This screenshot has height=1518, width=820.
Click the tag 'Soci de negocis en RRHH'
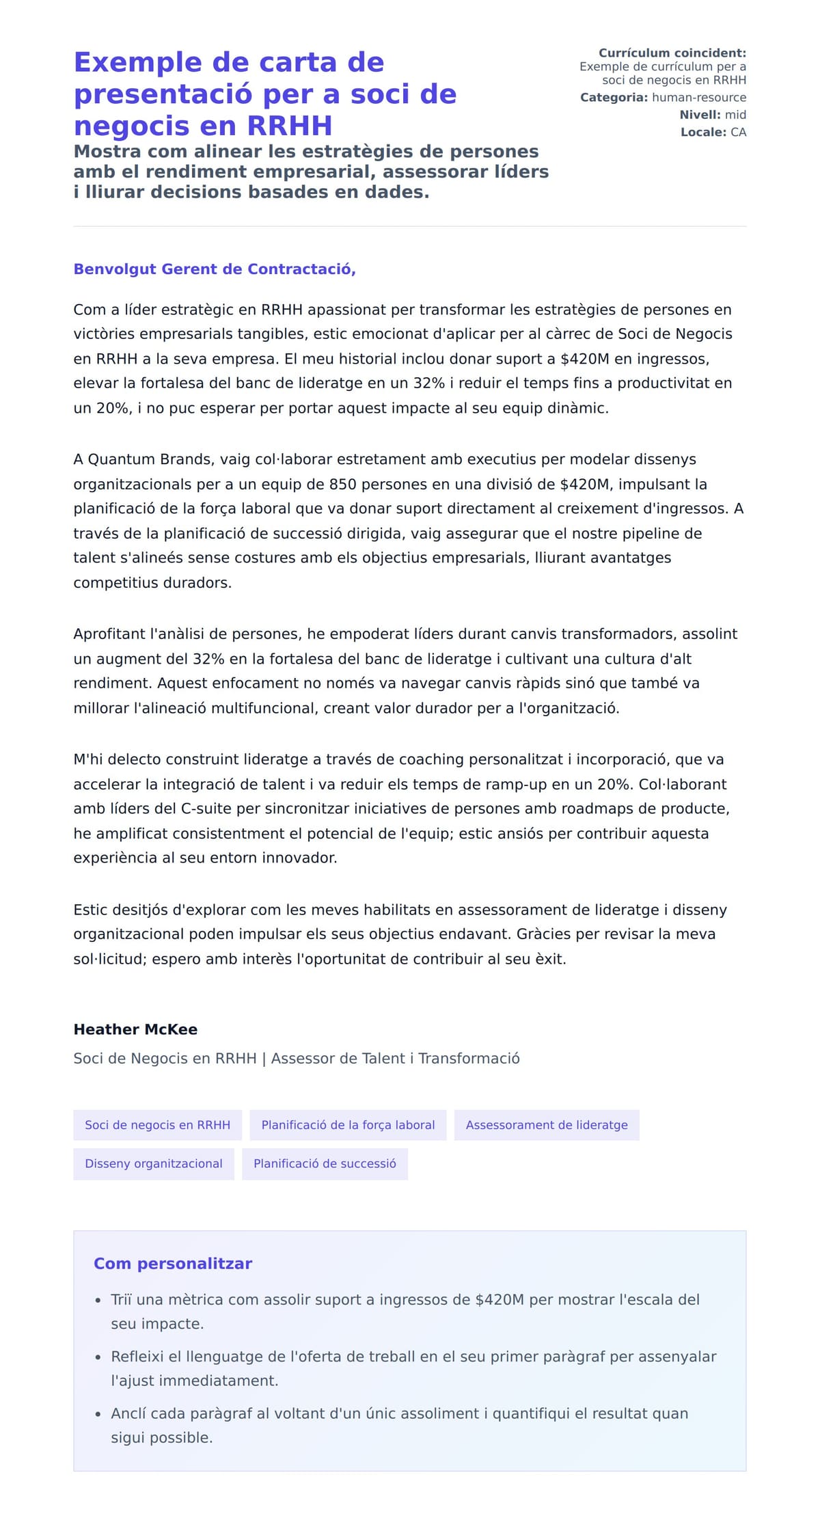pos(157,1125)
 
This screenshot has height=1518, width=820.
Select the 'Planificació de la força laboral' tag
pos(348,1125)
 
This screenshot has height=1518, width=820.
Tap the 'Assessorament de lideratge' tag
pos(546,1125)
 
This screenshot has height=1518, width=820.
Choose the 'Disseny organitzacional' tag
pos(154,1164)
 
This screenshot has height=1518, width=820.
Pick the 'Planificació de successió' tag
pos(325,1164)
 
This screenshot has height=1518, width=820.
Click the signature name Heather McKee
pos(135,1029)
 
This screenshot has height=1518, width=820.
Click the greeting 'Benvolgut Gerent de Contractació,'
pos(215,269)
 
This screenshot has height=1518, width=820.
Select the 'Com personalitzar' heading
pos(173,1264)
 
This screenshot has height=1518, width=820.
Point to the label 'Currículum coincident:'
pos(672,53)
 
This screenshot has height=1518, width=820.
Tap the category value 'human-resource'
pos(698,98)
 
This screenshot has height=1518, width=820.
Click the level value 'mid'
pos(735,115)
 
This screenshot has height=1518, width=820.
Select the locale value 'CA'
pos(738,133)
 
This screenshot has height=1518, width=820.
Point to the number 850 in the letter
pos(342,485)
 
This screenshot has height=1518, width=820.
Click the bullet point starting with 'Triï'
pos(405,1299)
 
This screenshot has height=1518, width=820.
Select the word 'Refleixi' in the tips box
pos(137,1357)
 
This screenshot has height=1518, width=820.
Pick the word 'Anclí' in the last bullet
pos(128,1413)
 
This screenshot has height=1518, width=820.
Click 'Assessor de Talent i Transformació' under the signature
pos(395,1059)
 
